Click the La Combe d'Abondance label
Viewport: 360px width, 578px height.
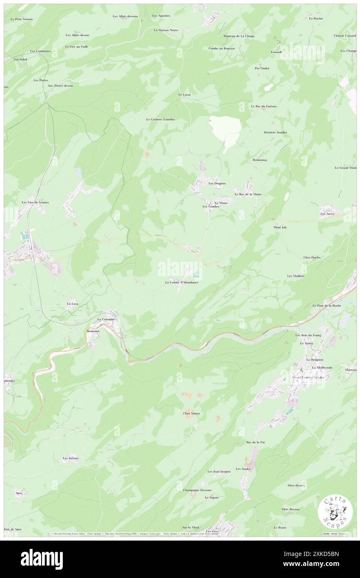[x=182, y=282]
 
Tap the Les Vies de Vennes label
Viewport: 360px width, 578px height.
[x=35, y=202]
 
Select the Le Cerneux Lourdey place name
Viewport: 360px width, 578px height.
[x=160, y=119]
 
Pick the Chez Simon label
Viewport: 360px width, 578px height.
[x=191, y=413]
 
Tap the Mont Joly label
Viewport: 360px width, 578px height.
[x=280, y=227]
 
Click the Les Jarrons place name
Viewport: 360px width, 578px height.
[x=71, y=458]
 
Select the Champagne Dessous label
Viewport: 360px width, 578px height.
[x=197, y=490]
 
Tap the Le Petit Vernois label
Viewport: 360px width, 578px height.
[x=22, y=19]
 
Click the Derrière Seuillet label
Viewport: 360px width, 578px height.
[x=275, y=132]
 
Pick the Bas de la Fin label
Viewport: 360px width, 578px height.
[x=255, y=442]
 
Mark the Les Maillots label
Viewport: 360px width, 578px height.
[x=296, y=276]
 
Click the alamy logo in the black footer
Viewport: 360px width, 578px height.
[x=42, y=559]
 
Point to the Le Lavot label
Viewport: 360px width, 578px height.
[x=184, y=95]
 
